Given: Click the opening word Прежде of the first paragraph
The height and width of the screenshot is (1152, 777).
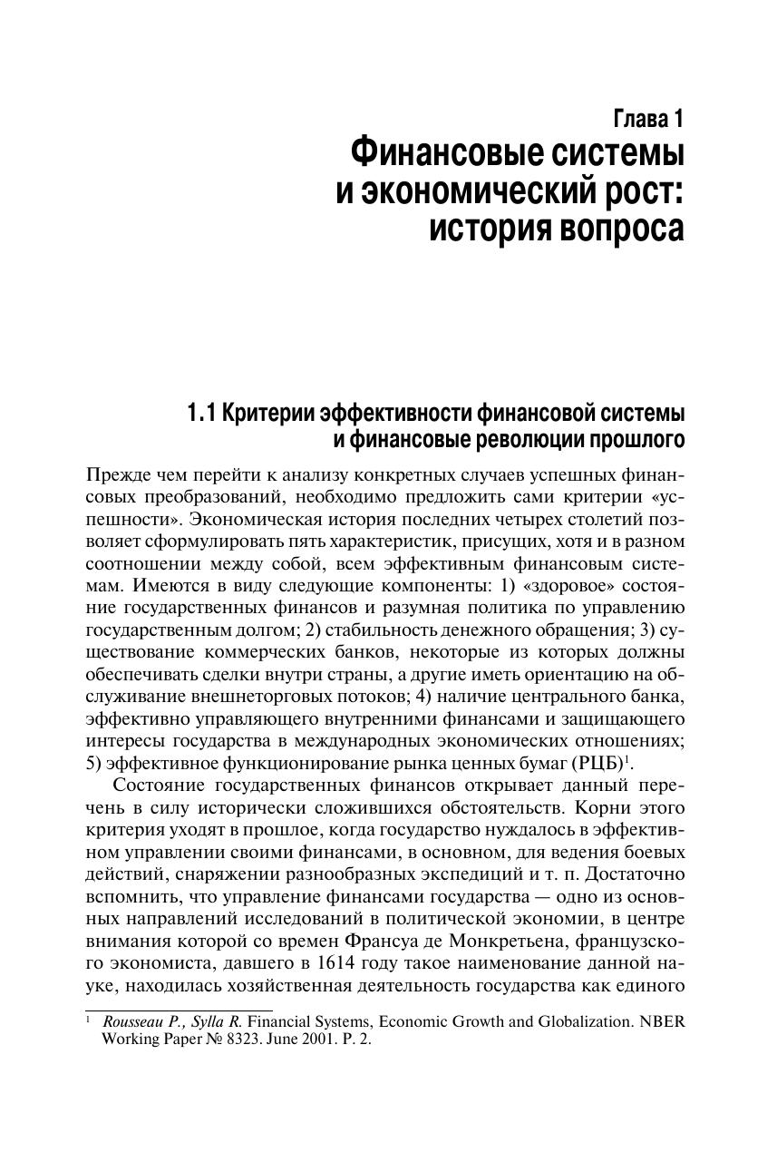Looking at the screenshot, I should (115, 475).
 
